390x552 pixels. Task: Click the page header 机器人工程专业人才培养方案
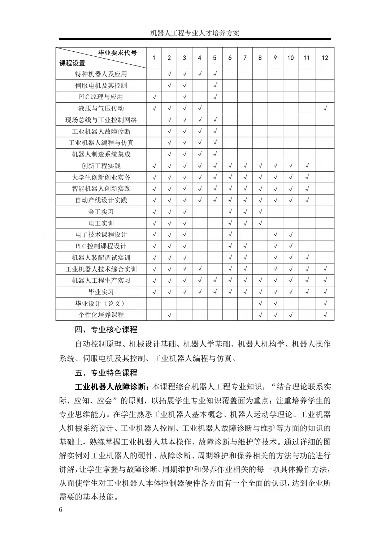(x=195, y=33)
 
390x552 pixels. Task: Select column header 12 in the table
(x=325, y=58)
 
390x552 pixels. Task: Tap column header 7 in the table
(x=245, y=58)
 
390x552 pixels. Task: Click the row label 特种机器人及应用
(x=101, y=74)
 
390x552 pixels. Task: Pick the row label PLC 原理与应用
(x=101, y=97)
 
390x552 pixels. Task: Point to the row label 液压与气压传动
(x=101, y=108)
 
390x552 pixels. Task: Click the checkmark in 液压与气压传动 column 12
(x=325, y=108)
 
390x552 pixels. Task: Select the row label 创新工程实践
(x=101, y=166)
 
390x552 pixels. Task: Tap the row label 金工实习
(x=101, y=212)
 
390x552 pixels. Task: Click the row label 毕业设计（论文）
(x=101, y=304)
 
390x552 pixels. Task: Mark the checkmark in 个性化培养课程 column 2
(x=169, y=315)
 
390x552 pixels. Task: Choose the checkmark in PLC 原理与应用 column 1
(x=154, y=97)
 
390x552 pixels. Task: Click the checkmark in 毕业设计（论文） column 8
(x=260, y=304)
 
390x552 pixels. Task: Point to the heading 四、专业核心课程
(x=106, y=330)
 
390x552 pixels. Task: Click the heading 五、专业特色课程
(x=106, y=373)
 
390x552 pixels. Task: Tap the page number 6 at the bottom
(x=60, y=510)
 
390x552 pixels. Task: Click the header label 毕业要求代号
(x=117, y=53)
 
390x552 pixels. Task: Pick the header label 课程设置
(x=72, y=64)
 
